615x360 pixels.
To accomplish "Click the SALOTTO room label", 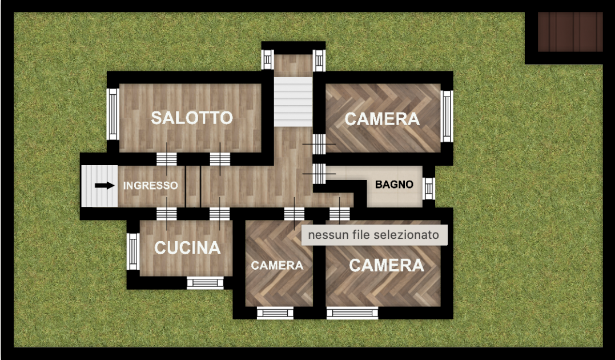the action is tap(192, 118).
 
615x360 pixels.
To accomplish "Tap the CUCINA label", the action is tap(187, 248).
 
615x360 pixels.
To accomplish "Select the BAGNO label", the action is tap(394, 185).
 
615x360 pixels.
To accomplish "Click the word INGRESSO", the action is tap(151, 186).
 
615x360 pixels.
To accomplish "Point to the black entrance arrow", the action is tap(104, 185).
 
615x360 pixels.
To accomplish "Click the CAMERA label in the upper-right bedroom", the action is tap(382, 119).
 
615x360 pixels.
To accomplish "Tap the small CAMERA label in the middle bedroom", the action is tap(277, 266).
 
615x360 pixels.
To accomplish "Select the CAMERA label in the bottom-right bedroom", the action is tap(387, 265).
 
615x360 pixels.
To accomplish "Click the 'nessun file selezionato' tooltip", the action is tap(374, 235).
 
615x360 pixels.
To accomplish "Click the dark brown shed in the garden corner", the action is tap(570, 32).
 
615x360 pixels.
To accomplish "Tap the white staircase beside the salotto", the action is tap(293, 102).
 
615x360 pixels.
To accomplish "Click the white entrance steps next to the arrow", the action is tap(99, 186).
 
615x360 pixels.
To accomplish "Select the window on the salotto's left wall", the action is tap(113, 114).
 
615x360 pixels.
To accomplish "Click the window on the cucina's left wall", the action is tap(133, 251).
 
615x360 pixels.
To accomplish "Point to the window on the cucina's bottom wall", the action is tap(205, 283).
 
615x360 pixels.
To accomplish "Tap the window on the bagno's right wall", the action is tap(429, 189).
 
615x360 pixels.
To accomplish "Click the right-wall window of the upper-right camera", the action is tap(447, 116).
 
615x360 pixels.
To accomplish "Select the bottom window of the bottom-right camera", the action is tap(352, 313).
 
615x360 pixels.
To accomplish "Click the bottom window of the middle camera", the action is tap(275, 313).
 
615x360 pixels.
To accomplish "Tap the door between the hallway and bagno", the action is tap(319, 174).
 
